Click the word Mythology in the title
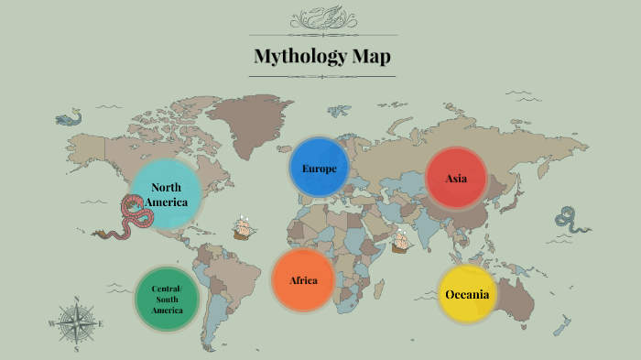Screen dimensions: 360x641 click(299, 57)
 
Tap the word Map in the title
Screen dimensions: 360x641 click(371, 57)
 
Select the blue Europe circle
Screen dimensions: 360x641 click(319, 169)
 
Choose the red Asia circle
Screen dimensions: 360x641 click(456, 178)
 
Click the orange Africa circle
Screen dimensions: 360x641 click(303, 279)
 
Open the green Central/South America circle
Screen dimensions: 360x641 click(167, 300)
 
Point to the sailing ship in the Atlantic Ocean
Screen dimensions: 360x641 click(243, 226)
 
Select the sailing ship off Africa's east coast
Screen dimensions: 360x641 click(401, 241)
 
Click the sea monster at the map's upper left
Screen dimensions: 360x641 click(68, 119)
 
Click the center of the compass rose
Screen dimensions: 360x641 click(77, 323)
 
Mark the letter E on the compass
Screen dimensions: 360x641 click(101, 324)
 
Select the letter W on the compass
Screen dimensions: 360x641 click(51, 324)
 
